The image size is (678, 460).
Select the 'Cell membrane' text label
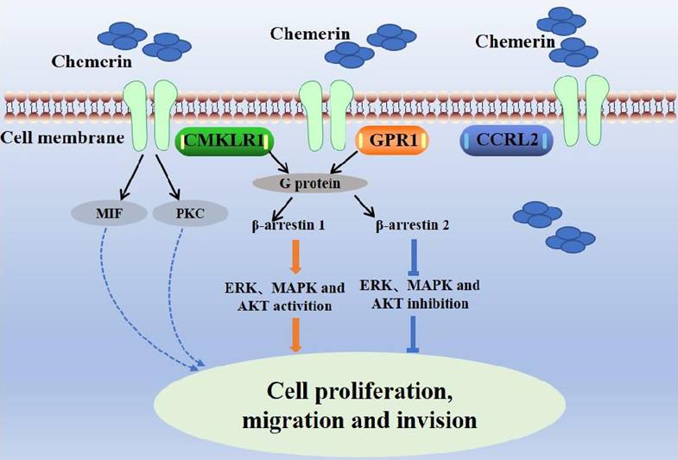point(60,138)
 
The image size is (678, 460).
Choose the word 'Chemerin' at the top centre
point(310,35)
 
